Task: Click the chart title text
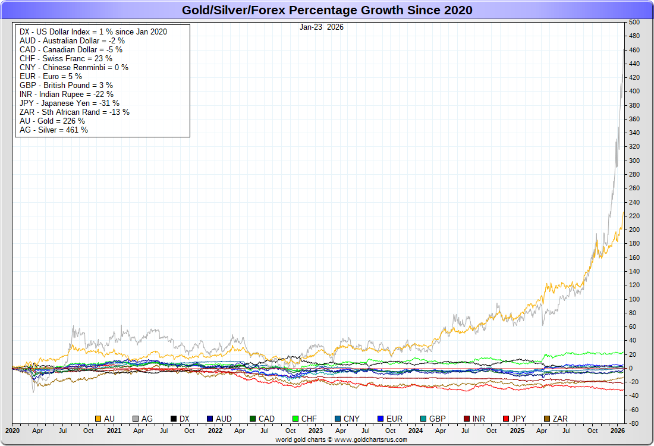click(327, 10)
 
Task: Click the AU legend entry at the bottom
click(105, 419)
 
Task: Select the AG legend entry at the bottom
click(143, 419)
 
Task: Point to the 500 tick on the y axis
click(634, 22)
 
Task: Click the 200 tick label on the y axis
click(634, 230)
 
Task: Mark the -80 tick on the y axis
click(634, 423)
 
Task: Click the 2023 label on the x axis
click(315, 430)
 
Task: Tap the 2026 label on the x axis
click(618, 430)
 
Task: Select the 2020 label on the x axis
click(12, 430)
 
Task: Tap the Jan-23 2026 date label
click(322, 27)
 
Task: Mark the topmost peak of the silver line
click(622, 49)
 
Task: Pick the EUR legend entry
click(390, 419)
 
